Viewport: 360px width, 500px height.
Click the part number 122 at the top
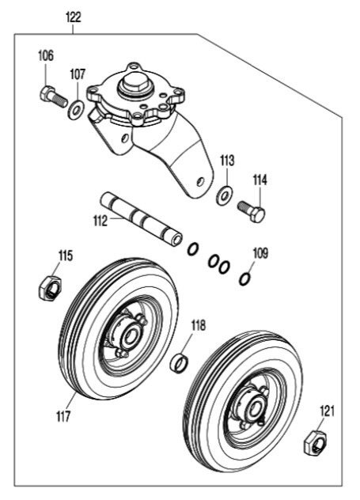(x=74, y=17)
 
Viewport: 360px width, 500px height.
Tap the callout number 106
(x=46, y=56)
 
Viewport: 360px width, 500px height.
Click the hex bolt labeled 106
(x=54, y=96)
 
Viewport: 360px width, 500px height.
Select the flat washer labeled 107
(x=76, y=110)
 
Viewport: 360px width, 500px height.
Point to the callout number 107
(x=78, y=74)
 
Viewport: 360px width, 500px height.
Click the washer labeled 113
(x=224, y=194)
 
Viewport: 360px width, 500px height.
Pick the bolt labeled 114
(x=252, y=210)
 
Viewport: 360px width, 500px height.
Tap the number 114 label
(x=260, y=180)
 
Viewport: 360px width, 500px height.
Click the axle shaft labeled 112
(x=142, y=218)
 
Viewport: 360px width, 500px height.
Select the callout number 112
(x=100, y=221)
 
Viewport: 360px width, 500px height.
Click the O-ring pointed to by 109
(x=244, y=279)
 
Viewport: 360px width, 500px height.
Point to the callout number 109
(x=260, y=253)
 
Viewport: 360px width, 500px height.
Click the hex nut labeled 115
(x=51, y=288)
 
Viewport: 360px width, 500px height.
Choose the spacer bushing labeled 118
(x=179, y=362)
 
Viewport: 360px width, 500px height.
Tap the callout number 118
(x=199, y=326)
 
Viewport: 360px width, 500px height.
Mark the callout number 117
(x=63, y=416)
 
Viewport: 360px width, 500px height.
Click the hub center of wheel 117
(x=130, y=336)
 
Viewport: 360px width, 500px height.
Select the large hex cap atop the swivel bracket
(x=135, y=83)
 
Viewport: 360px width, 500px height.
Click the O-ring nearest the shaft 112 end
(x=193, y=248)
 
